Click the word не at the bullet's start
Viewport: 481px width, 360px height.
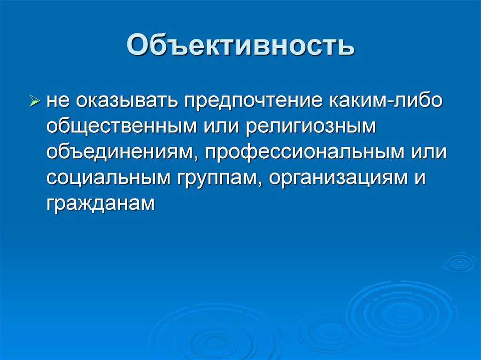click(57, 101)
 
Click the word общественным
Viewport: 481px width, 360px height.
click(122, 127)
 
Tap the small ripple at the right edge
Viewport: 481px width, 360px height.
click(459, 262)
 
